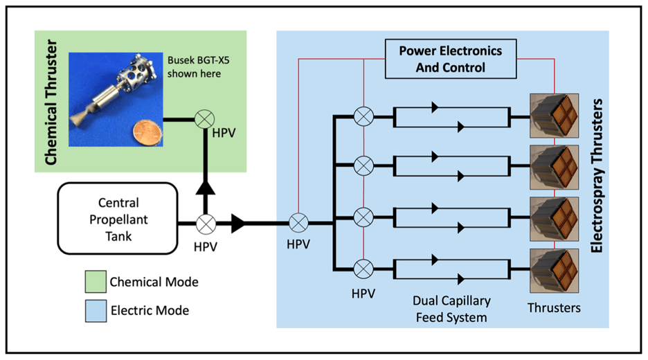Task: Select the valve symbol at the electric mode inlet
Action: click(x=298, y=223)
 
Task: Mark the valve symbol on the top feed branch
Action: click(x=362, y=117)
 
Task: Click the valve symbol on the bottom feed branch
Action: click(x=362, y=269)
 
